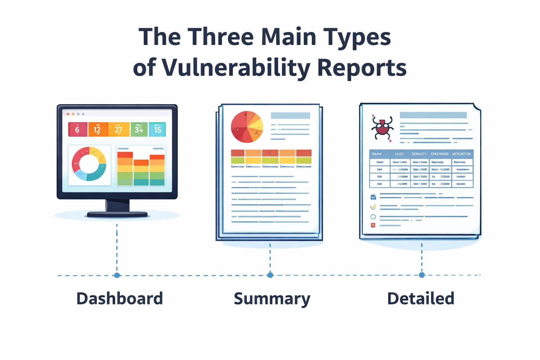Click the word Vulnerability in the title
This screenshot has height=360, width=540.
(x=235, y=67)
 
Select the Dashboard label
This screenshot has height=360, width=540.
(x=120, y=298)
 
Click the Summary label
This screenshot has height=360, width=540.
(x=272, y=299)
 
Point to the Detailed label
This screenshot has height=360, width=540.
(x=420, y=298)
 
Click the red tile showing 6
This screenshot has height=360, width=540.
(x=78, y=129)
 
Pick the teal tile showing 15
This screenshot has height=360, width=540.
(x=157, y=129)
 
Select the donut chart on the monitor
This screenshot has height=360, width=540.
(x=89, y=164)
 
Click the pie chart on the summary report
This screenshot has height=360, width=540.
(x=247, y=127)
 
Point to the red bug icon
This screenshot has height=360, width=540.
(x=382, y=128)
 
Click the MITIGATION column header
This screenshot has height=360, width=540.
(x=461, y=154)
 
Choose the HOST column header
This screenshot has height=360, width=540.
(x=399, y=154)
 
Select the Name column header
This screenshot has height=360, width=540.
(x=377, y=154)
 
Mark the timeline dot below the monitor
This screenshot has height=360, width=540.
(x=117, y=275)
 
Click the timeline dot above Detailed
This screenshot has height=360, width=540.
(x=422, y=275)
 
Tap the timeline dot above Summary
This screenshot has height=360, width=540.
(x=270, y=275)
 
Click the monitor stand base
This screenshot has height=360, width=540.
(x=117, y=214)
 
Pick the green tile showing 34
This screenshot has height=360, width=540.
(x=139, y=129)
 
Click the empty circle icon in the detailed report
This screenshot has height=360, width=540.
(x=373, y=217)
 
